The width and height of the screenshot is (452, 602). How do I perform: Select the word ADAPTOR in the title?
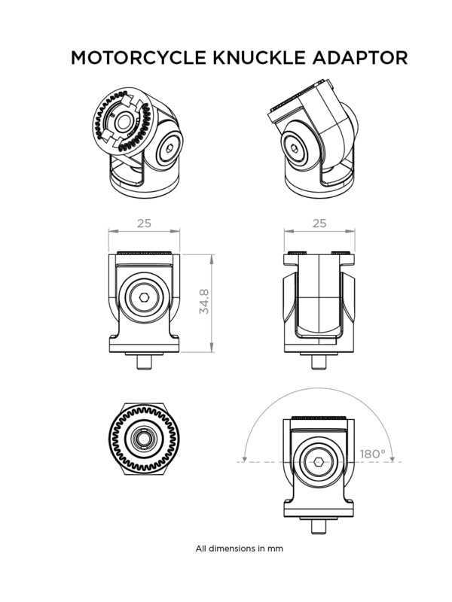361,58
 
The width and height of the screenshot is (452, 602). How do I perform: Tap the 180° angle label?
372,454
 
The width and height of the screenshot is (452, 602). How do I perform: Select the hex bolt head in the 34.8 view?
143,298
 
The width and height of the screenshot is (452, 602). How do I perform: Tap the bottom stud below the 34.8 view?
145,361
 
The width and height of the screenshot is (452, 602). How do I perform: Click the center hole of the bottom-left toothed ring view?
142,439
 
